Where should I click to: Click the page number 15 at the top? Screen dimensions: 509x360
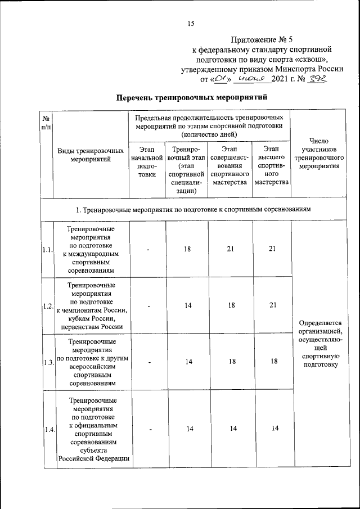pyautogui.click(x=190, y=24)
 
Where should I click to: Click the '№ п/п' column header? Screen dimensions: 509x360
pyautogui.click(x=46, y=123)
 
